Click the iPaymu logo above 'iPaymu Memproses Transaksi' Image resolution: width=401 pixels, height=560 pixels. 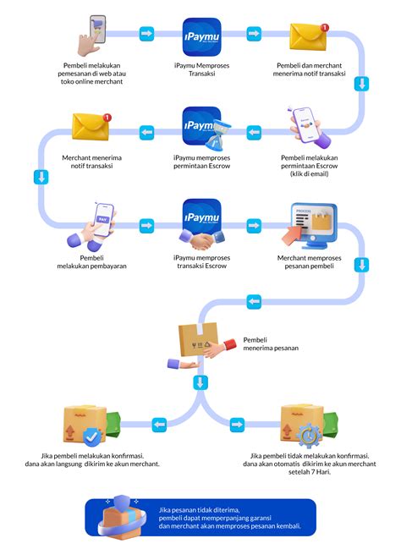point(201,36)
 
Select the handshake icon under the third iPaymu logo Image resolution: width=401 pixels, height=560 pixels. point(201,239)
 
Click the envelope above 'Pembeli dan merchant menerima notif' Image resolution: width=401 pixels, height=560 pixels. point(308,36)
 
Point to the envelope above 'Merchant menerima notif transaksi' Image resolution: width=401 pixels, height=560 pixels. point(91,126)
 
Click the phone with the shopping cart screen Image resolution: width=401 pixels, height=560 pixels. point(97,29)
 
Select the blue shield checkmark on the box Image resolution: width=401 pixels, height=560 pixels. point(91,436)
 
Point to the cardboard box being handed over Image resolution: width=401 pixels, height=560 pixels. point(198,339)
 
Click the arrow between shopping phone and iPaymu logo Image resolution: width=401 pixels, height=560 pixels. point(146,34)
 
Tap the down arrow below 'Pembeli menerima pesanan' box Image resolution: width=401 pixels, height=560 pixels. point(200,382)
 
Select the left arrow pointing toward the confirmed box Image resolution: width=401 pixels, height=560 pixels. point(160,425)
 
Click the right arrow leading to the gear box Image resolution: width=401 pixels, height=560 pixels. point(237,425)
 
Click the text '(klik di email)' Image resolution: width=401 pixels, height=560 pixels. point(310,174)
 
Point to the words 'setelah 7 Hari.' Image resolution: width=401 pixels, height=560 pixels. point(310,472)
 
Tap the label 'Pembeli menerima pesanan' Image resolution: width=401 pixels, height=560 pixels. point(271,344)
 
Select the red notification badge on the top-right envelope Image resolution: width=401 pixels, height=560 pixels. point(325,27)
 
